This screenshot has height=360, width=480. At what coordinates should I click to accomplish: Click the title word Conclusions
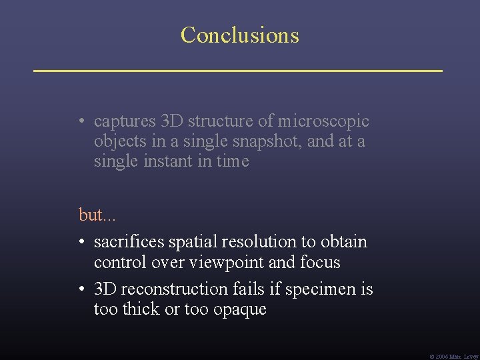coord(239,35)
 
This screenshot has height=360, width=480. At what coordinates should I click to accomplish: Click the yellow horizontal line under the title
coord(238,69)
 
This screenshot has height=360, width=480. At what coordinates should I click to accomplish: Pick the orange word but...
coord(89,215)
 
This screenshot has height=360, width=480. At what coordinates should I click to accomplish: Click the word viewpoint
coord(227,262)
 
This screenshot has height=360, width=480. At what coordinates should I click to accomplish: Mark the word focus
coord(320,262)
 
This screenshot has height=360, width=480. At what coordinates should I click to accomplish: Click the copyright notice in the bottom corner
coord(453,355)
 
